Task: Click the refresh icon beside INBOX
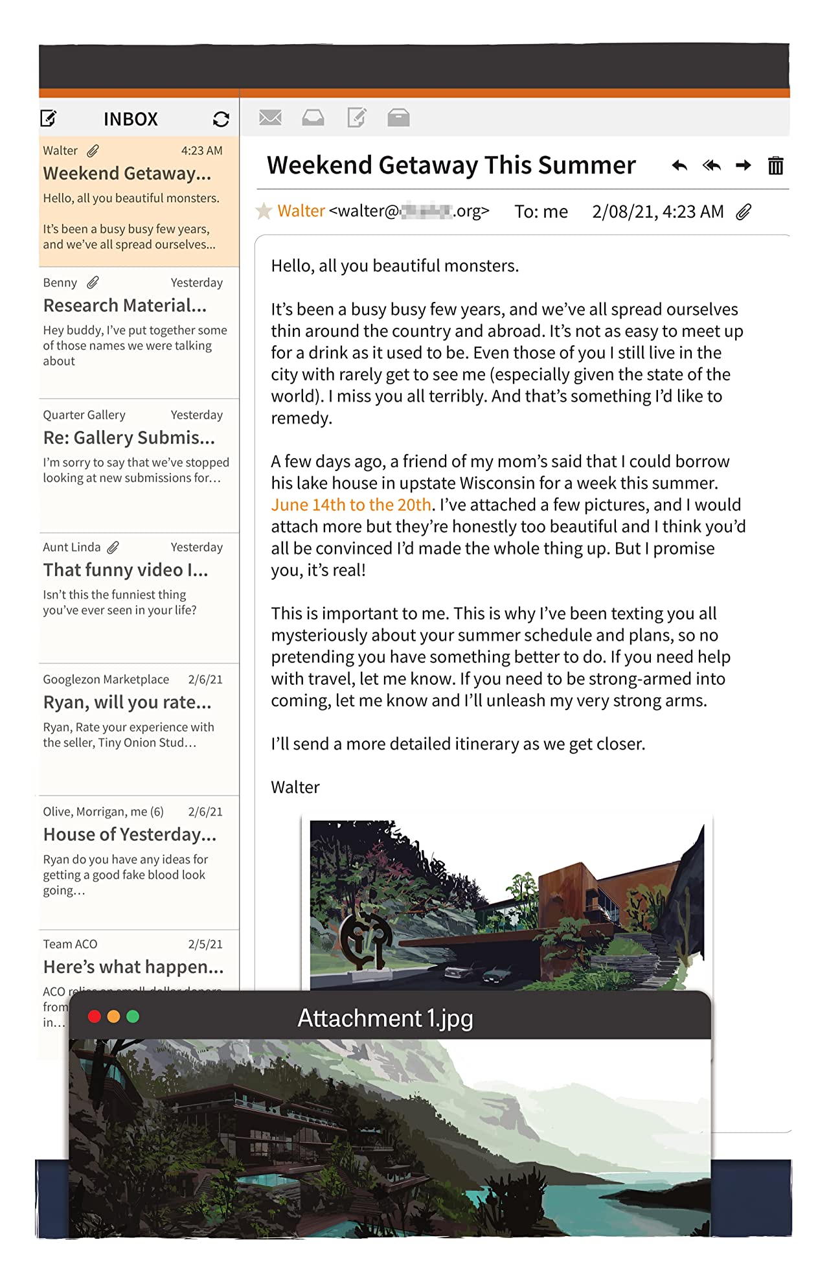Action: click(221, 119)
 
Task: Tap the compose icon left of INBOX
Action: click(49, 119)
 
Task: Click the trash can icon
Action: click(775, 166)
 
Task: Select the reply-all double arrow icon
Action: click(712, 166)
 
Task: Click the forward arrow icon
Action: click(744, 166)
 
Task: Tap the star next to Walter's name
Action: click(264, 211)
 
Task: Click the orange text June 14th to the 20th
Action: click(351, 505)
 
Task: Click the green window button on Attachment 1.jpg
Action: click(133, 1017)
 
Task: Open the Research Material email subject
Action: click(125, 305)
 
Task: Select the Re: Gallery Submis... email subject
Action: click(129, 438)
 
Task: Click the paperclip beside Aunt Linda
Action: click(113, 547)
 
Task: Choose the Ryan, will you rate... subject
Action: click(127, 702)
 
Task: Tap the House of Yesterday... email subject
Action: click(130, 834)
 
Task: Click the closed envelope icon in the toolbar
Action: click(270, 118)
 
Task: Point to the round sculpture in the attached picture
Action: click(365, 936)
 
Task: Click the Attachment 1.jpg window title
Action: click(385, 1018)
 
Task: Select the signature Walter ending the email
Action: click(295, 787)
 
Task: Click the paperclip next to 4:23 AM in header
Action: click(744, 212)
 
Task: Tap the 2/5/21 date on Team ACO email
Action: click(205, 944)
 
